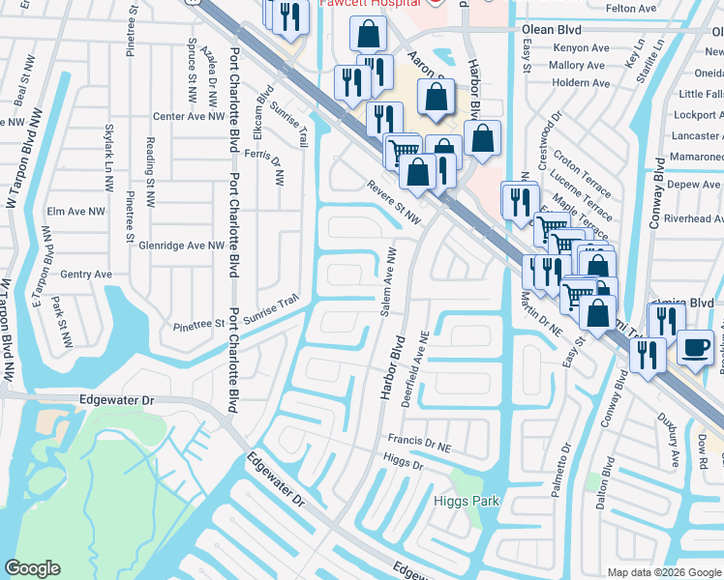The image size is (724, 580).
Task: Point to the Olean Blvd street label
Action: pyautogui.click(x=552, y=30)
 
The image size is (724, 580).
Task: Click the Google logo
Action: pyautogui.click(x=32, y=568)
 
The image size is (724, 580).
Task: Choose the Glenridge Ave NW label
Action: pyautogui.click(x=181, y=246)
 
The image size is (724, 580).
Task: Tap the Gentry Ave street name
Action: pyautogui.click(x=86, y=275)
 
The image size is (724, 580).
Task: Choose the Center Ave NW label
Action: pyautogui.click(x=188, y=117)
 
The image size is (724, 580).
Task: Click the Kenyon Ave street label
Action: pyautogui.click(x=578, y=47)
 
